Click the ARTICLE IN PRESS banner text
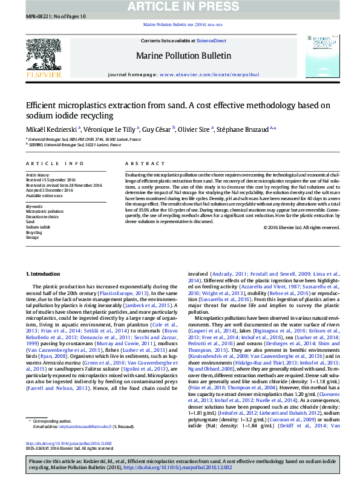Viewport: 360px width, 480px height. (x=180, y=7)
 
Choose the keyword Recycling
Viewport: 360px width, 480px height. (x=34, y=233)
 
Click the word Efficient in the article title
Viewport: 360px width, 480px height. (x=40, y=105)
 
